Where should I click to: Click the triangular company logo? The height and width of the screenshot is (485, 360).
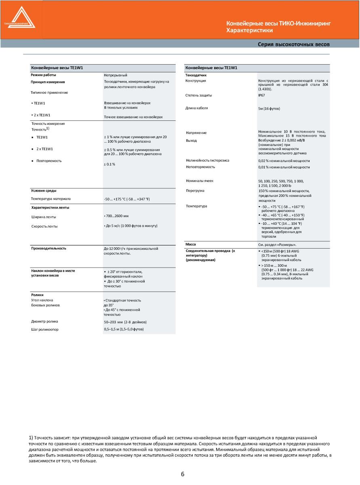[x=20, y=19]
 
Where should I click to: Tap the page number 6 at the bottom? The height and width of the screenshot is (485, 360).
[x=183, y=474]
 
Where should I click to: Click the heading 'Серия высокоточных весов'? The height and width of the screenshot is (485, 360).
[x=294, y=44]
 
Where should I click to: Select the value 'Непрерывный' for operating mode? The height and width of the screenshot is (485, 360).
[x=116, y=75]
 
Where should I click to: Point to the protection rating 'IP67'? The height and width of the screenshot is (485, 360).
[x=262, y=95]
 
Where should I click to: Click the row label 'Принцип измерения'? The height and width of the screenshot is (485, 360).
[x=48, y=82]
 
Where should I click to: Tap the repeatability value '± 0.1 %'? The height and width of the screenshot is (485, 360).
[x=110, y=164]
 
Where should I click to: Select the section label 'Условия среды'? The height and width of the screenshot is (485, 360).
[x=44, y=190]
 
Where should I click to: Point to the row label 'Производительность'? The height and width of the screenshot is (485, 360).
[x=48, y=248]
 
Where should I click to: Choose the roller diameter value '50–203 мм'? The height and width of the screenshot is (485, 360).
[x=125, y=322]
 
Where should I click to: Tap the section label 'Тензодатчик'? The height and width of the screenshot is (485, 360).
[x=196, y=75]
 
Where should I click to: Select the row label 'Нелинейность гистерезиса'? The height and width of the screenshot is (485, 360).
[x=207, y=160]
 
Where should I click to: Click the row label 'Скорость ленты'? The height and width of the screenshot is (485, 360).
[x=44, y=226]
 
